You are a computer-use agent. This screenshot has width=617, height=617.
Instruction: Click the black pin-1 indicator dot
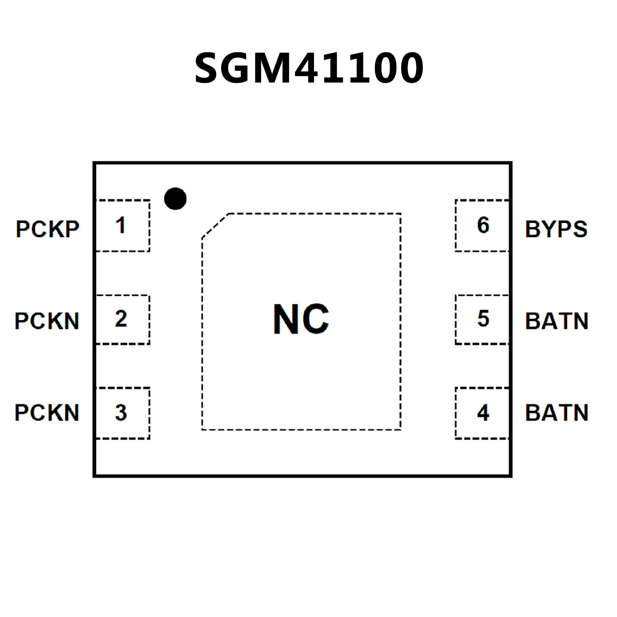[175, 199]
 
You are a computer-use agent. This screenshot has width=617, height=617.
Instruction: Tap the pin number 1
[121, 225]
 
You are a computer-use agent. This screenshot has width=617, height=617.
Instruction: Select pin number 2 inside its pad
[121, 319]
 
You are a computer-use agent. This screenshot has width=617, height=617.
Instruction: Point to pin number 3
[121, 413]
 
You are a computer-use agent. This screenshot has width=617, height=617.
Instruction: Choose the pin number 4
[483, 413]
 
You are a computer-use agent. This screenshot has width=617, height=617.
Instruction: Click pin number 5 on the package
[483, 319]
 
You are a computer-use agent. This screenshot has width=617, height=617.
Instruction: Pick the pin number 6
[483, 225]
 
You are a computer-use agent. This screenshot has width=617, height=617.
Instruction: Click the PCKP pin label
[47, 229]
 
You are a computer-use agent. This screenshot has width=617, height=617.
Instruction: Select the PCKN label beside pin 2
[47, 321]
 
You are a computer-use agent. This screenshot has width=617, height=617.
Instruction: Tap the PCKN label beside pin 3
[47, 413]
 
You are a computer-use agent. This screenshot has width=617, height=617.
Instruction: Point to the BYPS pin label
[556, 229]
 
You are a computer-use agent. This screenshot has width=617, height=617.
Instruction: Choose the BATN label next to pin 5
[557, 321]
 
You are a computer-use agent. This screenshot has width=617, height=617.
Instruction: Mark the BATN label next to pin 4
[557, 413]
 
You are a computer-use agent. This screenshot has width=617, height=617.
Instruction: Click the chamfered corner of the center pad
[215, 225]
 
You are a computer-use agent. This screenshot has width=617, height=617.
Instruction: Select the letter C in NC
[315, 319]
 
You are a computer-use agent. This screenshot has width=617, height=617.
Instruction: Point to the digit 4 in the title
[310, 68]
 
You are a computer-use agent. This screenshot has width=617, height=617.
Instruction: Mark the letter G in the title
[240, 68]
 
